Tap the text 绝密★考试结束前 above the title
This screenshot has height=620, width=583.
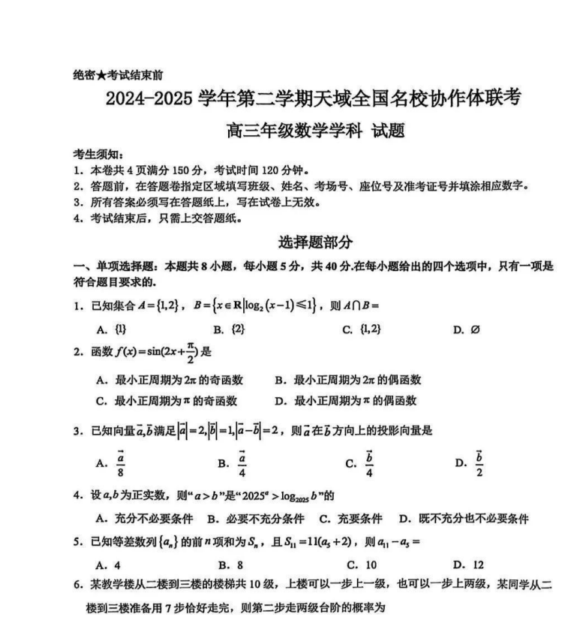(x=118, y=75)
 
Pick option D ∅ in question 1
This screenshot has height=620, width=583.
(x=467, y=329)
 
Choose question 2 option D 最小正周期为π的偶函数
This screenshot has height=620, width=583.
(x=356, y=401)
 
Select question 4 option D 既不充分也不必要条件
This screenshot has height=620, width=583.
(x=463, y=518)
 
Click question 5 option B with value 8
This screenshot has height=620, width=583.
(x=230, y=564)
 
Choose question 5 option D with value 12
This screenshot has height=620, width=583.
(x=469, y=564)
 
